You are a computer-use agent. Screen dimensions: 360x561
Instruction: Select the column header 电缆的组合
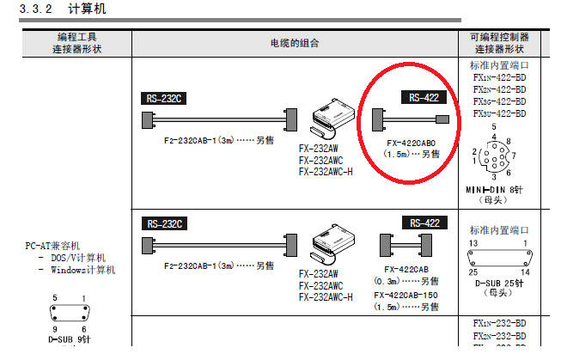pos(293,42)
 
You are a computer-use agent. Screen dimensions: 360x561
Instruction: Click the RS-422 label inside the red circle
pos(425,98)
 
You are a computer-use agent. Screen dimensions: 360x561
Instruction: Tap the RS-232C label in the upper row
pos(162,98)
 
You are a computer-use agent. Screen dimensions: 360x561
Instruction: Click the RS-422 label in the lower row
pos(425,223)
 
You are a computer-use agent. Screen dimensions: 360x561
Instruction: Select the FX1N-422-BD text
pos(499,77)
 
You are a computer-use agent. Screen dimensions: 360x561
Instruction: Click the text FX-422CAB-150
pos(406,294)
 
